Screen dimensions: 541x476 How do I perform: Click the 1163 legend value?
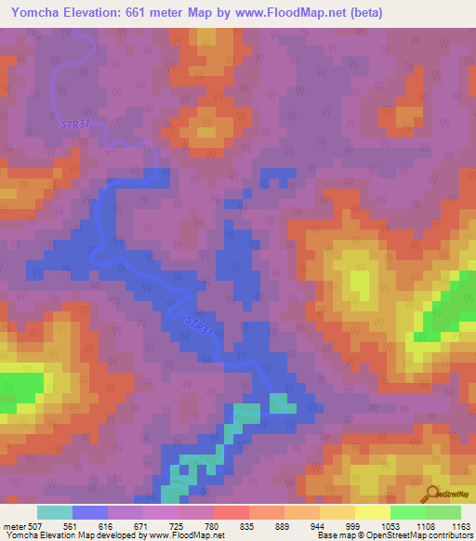458,525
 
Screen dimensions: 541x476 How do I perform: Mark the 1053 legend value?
390,525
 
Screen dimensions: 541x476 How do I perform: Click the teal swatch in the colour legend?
55,512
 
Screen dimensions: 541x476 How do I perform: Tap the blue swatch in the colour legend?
90,512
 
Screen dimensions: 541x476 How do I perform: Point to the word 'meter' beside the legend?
14,525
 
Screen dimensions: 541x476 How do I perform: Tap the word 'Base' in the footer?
324,535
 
